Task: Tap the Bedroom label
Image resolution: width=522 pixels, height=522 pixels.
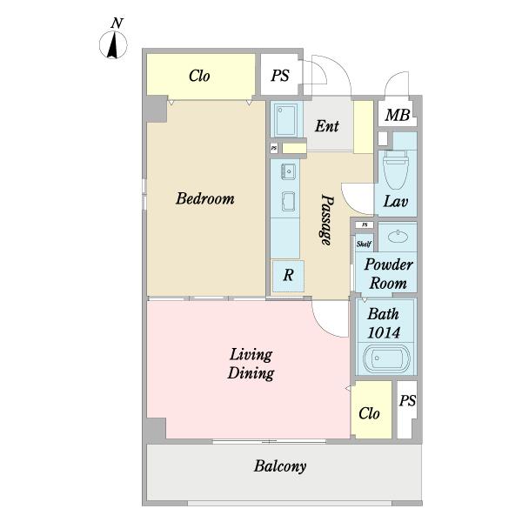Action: click(205, 198)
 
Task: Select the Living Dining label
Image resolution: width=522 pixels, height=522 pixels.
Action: click(251, 364)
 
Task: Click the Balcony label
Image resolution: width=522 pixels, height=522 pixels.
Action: click(280, 466)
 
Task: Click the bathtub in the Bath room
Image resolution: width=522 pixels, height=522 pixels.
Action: click(386, 359)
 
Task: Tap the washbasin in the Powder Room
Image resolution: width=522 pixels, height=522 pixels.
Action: click(398, 237)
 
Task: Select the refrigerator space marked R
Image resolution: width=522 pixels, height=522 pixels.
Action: click(288, 276)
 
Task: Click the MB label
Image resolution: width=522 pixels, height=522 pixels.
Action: click(398, 115)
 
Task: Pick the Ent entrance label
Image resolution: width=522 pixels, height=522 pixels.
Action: click(327, 126)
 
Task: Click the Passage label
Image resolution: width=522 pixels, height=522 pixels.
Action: click(326, 220)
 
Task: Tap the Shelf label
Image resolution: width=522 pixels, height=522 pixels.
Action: click(364, 244)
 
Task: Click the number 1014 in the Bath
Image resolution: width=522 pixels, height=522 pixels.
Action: click(384, 332)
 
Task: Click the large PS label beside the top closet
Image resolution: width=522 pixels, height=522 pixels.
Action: click(280, 76)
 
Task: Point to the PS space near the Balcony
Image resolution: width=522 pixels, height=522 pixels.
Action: click(407, 410)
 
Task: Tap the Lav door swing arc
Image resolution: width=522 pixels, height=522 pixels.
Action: click(353, 202)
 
